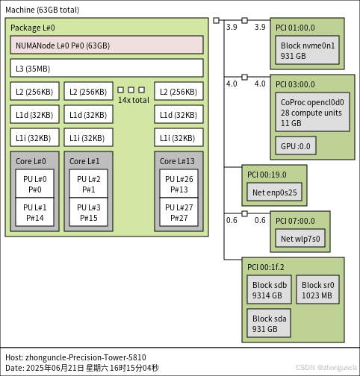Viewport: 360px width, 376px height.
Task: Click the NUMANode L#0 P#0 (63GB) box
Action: point(107,45)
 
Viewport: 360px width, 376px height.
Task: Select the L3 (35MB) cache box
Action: point(107,68)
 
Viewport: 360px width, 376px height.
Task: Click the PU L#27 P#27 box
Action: point(179,212)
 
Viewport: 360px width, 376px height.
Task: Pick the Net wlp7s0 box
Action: point(300,239)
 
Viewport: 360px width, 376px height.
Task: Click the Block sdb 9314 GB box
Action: point(269,290)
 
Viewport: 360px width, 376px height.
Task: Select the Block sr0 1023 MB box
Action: point(318,290)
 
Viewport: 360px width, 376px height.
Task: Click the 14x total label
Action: point(133,100)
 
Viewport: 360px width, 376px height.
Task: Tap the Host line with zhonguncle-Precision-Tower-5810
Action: point(75,357)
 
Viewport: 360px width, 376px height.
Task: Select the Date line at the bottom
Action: point(82,368)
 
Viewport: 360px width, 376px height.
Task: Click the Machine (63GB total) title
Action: point(42,10)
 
